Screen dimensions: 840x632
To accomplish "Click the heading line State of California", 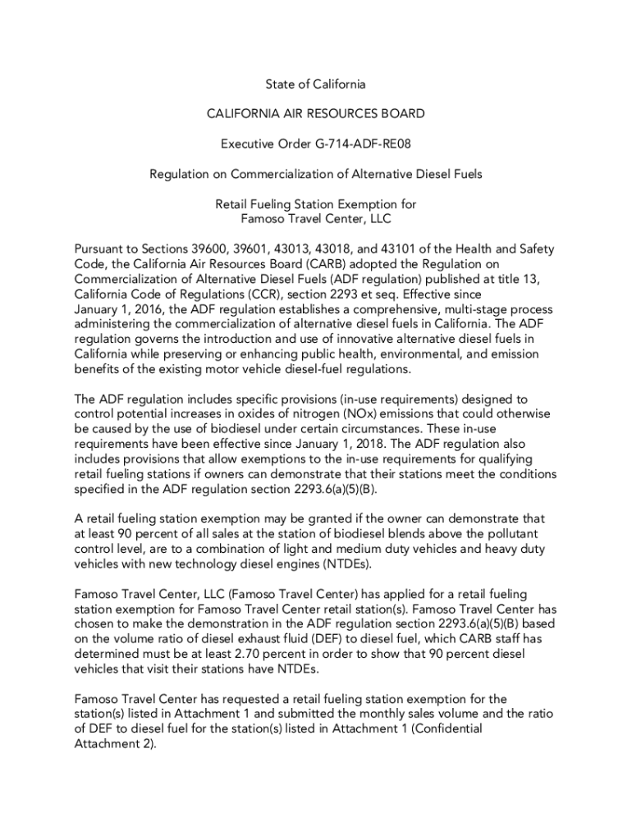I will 315,84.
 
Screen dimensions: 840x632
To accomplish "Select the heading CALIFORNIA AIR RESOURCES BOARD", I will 315,114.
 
